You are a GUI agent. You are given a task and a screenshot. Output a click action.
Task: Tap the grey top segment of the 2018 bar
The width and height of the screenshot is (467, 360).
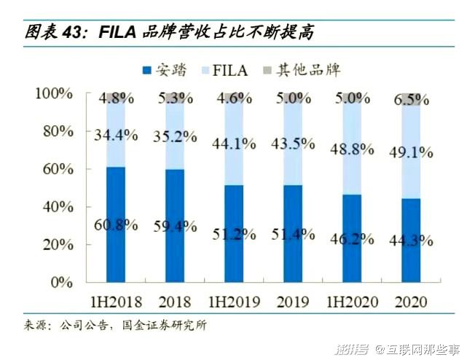coord(174,98)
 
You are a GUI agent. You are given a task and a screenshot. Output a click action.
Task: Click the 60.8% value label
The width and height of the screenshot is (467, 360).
coord(115,224)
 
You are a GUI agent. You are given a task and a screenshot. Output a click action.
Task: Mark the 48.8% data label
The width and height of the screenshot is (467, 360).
coord(352,149)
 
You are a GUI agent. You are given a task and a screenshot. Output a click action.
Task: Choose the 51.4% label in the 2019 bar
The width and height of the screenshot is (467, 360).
coord(293,234)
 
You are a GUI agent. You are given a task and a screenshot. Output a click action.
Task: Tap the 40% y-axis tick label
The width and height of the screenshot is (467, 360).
coord(56,206)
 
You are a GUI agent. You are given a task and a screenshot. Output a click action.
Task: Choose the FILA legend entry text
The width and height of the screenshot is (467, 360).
coord(232,71)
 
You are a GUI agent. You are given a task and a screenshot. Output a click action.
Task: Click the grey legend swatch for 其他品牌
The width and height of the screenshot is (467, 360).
coord(266,71)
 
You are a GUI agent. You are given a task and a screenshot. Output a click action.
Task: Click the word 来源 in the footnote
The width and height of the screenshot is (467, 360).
coord(34,325)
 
